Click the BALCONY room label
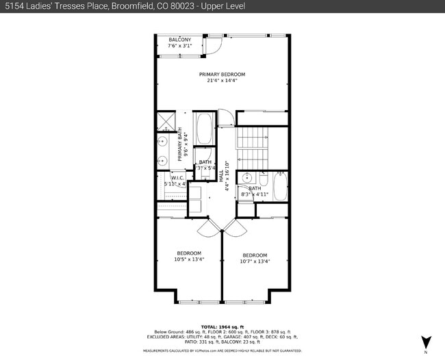[x=180, y=40]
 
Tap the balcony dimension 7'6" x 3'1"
[x=180, y=46]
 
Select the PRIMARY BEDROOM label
[x=222, y=74]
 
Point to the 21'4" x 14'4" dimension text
[x=222, y=81]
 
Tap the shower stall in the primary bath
[x=165, y=123]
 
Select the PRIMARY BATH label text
[x=181, y=144]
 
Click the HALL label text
[x=221, y=175]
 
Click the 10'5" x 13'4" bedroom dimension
[x=188, y=259]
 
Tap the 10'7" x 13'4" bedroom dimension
[x=255, y=261]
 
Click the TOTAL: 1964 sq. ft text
[x=222, y=327]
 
